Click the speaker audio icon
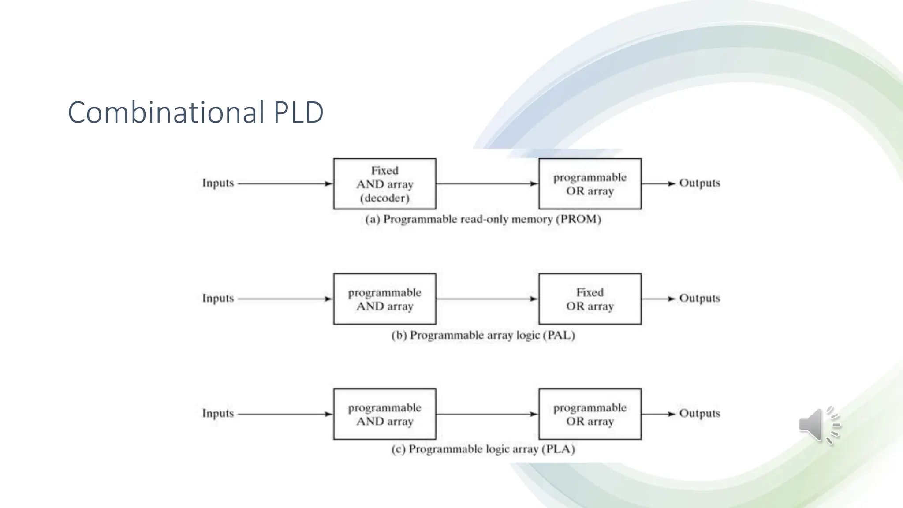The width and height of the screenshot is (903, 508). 818,425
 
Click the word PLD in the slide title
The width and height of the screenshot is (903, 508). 299,112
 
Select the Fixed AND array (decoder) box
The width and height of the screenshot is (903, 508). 384,183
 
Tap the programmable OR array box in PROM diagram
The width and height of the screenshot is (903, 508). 590,183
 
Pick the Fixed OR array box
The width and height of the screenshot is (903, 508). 590,299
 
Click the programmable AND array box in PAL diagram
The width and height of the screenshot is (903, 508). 384,299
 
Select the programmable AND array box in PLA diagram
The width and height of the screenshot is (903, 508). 384,414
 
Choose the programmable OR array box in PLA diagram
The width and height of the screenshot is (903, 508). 590,414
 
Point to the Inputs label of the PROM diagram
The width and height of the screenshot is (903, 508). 218,183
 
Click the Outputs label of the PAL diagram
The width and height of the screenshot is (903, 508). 699,298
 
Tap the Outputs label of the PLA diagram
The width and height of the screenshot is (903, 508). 699,413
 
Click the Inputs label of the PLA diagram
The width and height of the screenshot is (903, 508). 218,414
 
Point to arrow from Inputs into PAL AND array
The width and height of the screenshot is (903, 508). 285,299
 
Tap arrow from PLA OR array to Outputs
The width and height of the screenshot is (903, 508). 658,414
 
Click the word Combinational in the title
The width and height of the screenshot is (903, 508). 166,112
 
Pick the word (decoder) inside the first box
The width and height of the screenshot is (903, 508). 384,198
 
